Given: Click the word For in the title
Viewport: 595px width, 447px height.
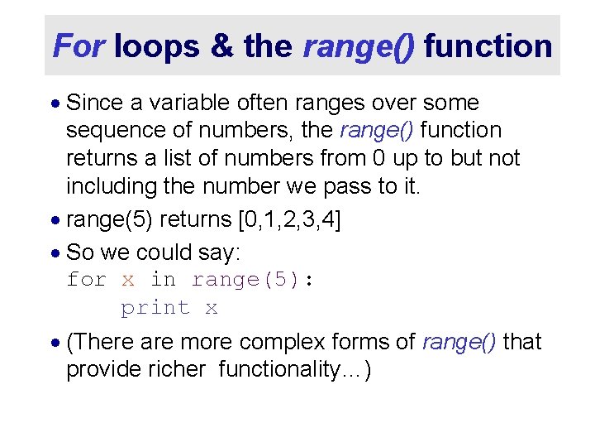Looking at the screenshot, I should [x=79, y=46].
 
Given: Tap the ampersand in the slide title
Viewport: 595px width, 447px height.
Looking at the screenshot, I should [x=222, y=46].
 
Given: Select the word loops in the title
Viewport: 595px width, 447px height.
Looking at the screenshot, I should [x=157, y=46].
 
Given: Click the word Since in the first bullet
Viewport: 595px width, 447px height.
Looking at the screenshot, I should [x=92, y=103].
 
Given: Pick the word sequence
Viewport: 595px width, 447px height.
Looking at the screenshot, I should [x=115, y=131].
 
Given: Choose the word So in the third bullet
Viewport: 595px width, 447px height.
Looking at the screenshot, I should [x=79, y=252].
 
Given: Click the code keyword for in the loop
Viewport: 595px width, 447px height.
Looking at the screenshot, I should [x=86, y=280].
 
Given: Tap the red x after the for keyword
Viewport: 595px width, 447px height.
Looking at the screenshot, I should [x=127, y=281].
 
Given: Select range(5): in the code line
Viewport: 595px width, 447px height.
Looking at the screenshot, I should [x=252, y=280].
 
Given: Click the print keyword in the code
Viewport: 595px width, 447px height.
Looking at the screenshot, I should [x=155, y=308].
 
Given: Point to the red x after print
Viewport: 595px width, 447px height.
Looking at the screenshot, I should [x=212, y=309].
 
